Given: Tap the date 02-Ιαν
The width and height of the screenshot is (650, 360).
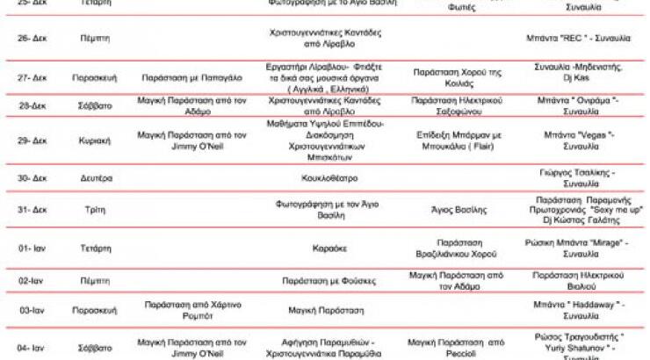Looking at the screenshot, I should point(32,282).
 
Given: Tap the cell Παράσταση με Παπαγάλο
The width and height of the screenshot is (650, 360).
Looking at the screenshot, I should point(179,77).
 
